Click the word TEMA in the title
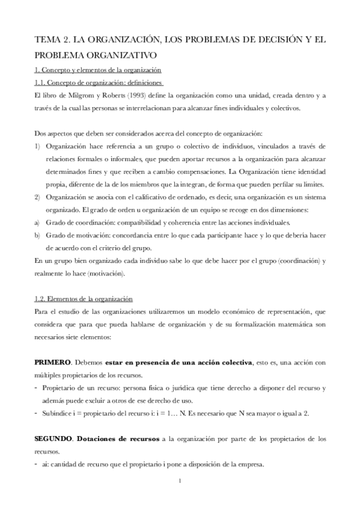tap(48, 39)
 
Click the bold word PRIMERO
tap(53, 363)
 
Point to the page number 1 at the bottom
tap(180, 481)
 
